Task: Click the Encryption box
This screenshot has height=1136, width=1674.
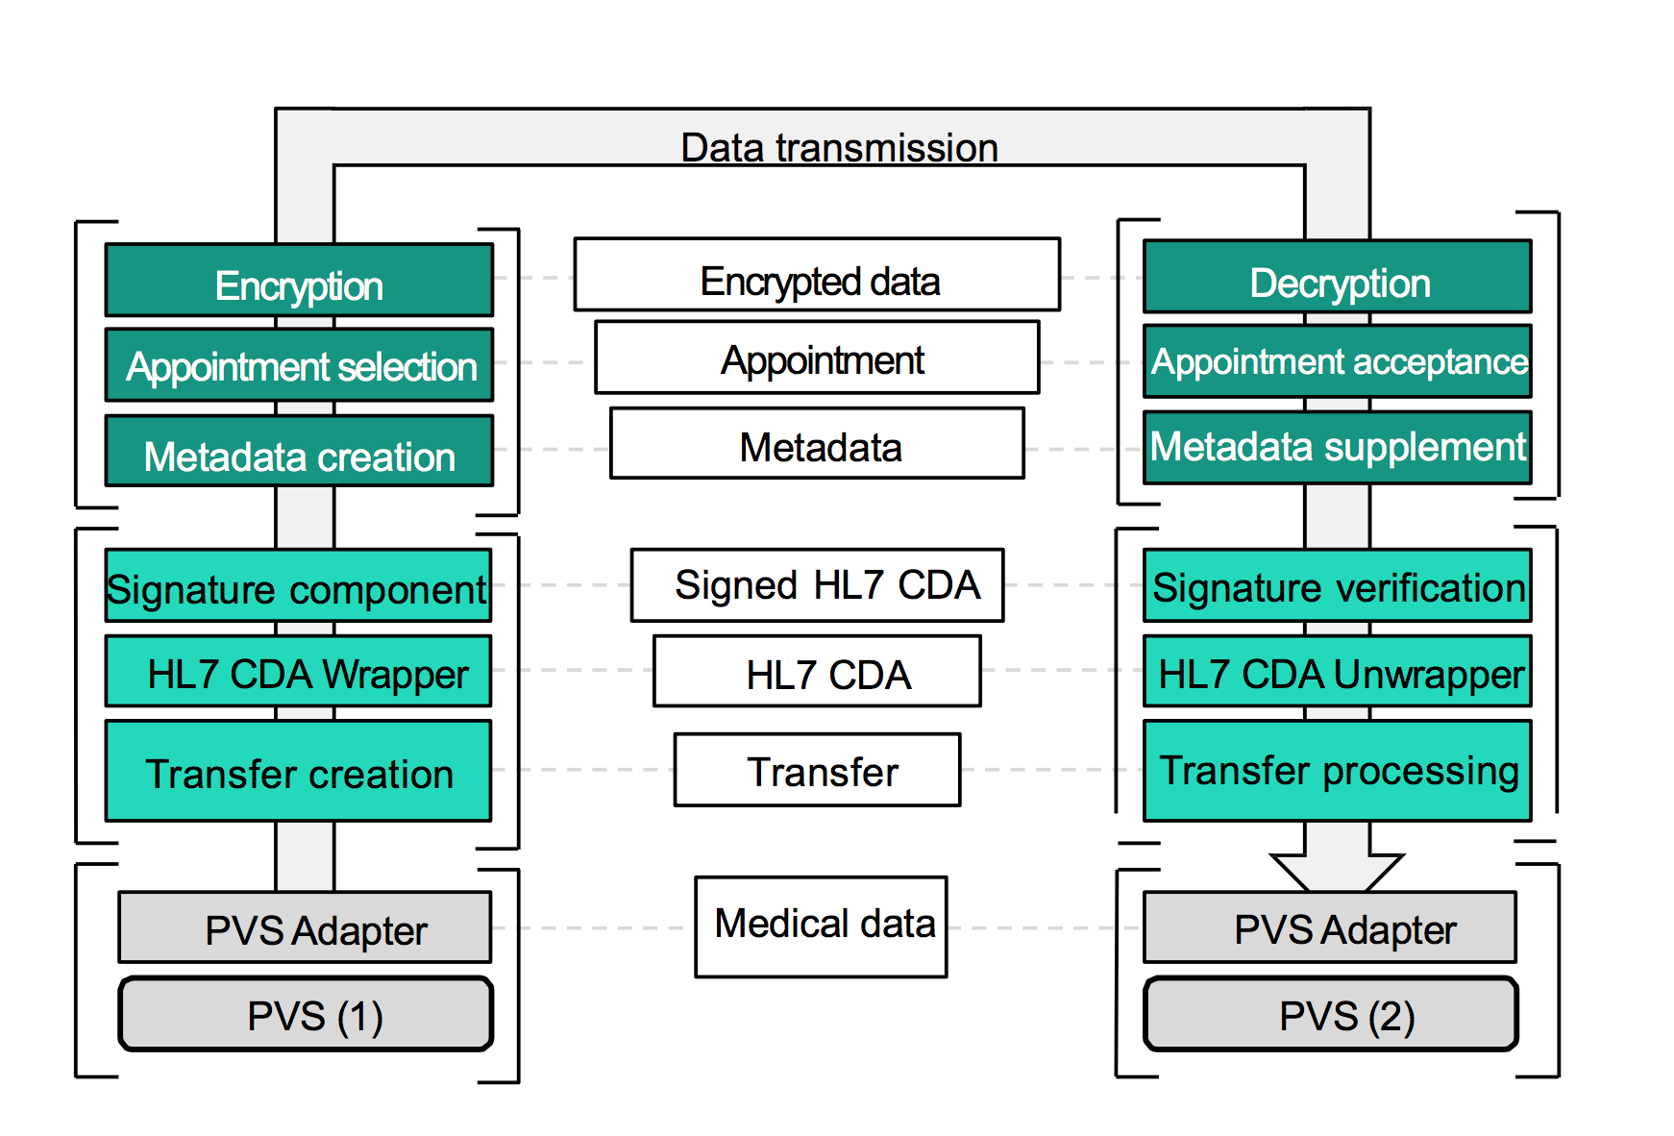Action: point(299,281)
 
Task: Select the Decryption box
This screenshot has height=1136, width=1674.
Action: point(1337,278)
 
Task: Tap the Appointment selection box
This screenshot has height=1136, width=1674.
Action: point(299,365)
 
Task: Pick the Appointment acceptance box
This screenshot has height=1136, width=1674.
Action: point(1337,361)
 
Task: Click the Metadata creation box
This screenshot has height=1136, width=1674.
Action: point(299,452)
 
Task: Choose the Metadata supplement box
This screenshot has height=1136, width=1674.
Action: point(1337,447)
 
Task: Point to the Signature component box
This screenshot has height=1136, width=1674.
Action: point(298,586)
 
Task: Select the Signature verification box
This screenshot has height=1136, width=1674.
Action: point(1337,586)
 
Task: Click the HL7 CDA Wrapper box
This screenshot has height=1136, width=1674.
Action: point(298,672)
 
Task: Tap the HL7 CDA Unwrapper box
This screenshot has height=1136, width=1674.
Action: point(1337,672)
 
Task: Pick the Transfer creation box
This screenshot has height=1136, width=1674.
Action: point(298,771)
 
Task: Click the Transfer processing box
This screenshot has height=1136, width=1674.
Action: point(1337,771)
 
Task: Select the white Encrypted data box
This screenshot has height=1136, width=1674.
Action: point(817,275)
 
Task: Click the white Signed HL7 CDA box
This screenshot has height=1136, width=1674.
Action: point(817,585)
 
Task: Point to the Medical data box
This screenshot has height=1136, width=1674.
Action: point(821,926)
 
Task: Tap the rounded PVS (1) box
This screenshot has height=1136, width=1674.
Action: point(306,1015)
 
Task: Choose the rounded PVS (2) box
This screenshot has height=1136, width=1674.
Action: point(1331,1015)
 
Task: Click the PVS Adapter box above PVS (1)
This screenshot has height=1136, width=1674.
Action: point(305,928)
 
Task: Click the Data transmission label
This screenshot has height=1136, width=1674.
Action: point(839,147)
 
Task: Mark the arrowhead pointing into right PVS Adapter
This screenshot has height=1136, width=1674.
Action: point(1337,871)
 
